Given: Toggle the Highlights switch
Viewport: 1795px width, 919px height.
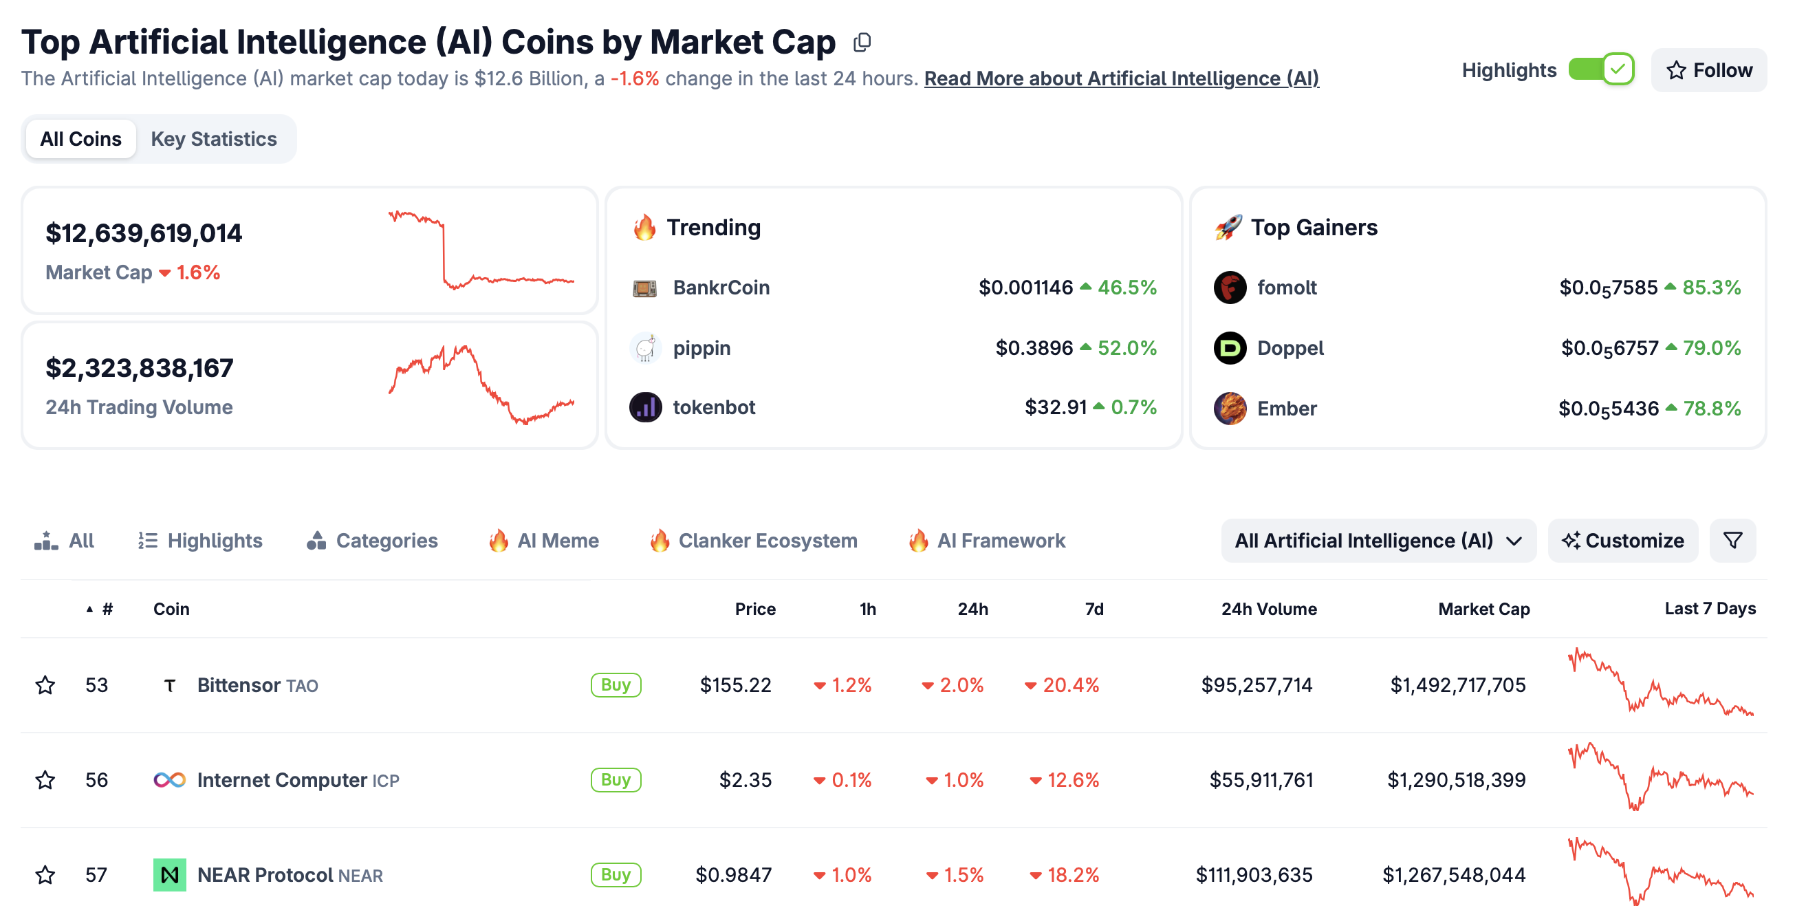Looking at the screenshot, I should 1600,69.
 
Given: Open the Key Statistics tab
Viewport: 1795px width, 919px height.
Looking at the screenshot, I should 214,140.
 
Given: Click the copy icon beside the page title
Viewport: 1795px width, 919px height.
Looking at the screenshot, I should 862,43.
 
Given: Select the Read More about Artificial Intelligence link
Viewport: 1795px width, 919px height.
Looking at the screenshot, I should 1121,78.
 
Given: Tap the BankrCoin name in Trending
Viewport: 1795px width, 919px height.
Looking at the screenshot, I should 721,288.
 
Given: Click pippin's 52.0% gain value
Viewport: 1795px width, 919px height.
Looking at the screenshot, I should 1127,347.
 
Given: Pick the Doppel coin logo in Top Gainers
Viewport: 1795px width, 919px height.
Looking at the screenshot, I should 1230,347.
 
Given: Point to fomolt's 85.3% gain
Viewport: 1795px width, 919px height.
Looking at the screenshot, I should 1710,288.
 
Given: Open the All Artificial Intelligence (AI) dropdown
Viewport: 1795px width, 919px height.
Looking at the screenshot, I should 1378,541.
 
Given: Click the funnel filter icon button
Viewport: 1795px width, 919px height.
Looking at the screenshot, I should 1732,541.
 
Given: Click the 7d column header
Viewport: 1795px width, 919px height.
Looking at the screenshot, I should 1094,609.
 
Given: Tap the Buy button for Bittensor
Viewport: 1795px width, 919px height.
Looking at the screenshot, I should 616,685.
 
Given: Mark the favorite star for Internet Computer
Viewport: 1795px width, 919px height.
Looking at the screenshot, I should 45,779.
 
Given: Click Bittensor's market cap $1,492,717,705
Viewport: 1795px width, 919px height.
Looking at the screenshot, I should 1457,685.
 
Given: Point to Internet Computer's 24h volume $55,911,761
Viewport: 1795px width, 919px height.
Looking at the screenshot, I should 1261,779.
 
